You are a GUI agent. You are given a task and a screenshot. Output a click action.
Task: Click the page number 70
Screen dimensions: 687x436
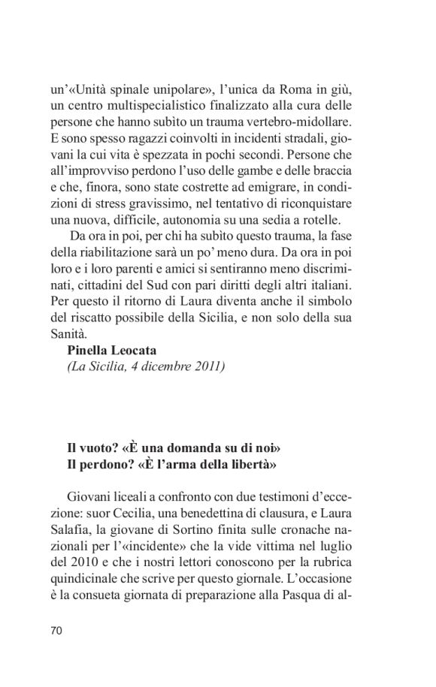[x=56, y=631]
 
